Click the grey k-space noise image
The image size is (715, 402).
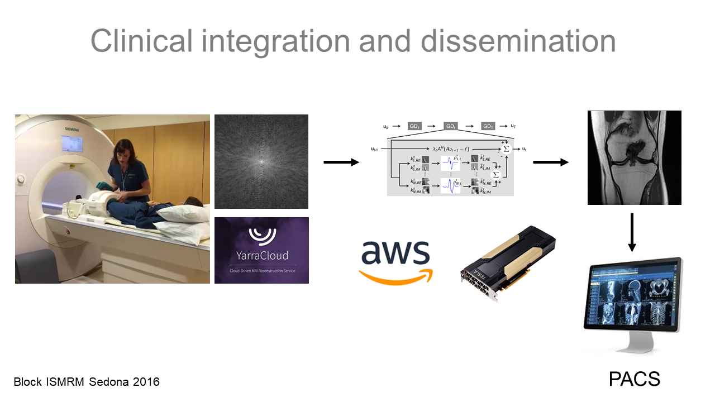coord(261,161)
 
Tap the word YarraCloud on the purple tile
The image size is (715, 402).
coord(261,256)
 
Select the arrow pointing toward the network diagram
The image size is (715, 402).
coord(341,162)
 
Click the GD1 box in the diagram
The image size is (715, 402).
coord(414,126)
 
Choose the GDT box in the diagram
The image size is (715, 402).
coord(488,126)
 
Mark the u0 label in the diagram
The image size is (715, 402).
coord(385,127)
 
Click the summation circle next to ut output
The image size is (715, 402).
coord(506,149)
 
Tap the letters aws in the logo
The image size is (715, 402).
coord(395,253)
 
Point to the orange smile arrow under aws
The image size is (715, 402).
coord(395,275)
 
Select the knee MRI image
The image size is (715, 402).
coord(634,157)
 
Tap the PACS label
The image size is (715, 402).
coord(634,379)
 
